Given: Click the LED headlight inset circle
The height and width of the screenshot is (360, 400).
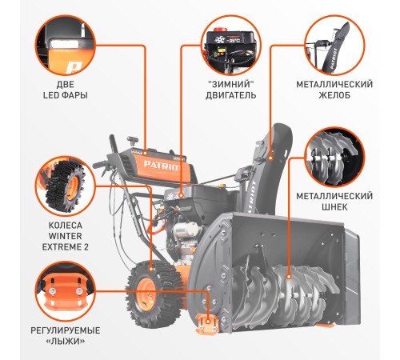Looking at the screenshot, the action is pyautogui.click(x=66, y=46).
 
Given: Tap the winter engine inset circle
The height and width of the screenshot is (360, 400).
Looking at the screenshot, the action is pyautogui.click(x=231, y=46).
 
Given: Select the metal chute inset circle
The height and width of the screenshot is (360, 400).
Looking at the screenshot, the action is pyautogui.click(x=334, y=46).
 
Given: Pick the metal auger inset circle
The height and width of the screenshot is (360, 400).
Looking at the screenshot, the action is pyautogui.click(x=334, y=158).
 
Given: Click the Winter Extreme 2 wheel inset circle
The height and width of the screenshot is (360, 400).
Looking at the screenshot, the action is pyautogui.click(x=66, y=186).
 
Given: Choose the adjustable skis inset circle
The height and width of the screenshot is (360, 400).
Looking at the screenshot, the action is pyautogui.click(x=66, y=291).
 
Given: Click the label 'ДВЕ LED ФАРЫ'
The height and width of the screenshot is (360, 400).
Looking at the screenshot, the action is pyautogui.click(x=66, y=90).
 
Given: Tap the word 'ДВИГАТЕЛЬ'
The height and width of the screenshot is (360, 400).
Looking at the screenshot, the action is pyautogui.click(x=231, y=95).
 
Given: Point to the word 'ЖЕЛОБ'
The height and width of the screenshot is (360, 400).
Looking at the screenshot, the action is pyautogui.click(x=334, y=95).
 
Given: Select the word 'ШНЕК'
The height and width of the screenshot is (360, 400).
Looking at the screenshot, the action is pyautogui.click(x=334, y=207).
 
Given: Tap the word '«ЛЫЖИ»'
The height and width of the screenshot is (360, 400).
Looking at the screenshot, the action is pyautogui.click(x=66, y=341).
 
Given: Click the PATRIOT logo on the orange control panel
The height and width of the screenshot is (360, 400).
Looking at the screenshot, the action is pyautogui.click(x=163, y=166).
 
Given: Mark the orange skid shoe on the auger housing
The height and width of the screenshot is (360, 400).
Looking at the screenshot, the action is pyautogui.click(x=207, y=324).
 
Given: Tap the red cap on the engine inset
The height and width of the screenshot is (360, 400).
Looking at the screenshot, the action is pyautogui.click(x=222, y=29).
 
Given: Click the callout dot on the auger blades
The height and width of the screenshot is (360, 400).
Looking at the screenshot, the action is pyautogui.click(x=288, y=277).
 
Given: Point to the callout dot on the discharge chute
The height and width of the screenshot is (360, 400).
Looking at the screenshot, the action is pyautogui.click(x=270, y=158).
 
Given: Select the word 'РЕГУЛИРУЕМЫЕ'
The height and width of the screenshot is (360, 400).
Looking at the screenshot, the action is pyautogui.click(x=66, y=330).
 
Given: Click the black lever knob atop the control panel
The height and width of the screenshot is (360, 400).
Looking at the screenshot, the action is pyautogui.click(x=132, y=139).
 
